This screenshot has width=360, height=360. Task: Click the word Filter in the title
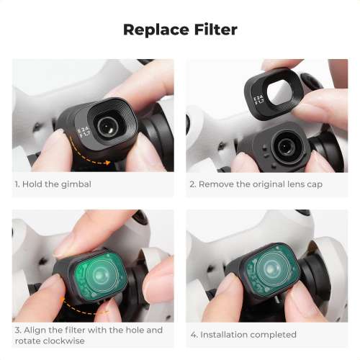click(x=212, y=30)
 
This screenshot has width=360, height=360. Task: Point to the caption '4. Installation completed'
click(x=243, y=335)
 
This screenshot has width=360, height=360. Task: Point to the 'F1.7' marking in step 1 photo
click(x=84, y=131)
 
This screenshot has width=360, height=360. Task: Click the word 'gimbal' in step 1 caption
click(x=76, y=184)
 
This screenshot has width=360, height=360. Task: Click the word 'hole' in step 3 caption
click(x=125, y=330)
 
